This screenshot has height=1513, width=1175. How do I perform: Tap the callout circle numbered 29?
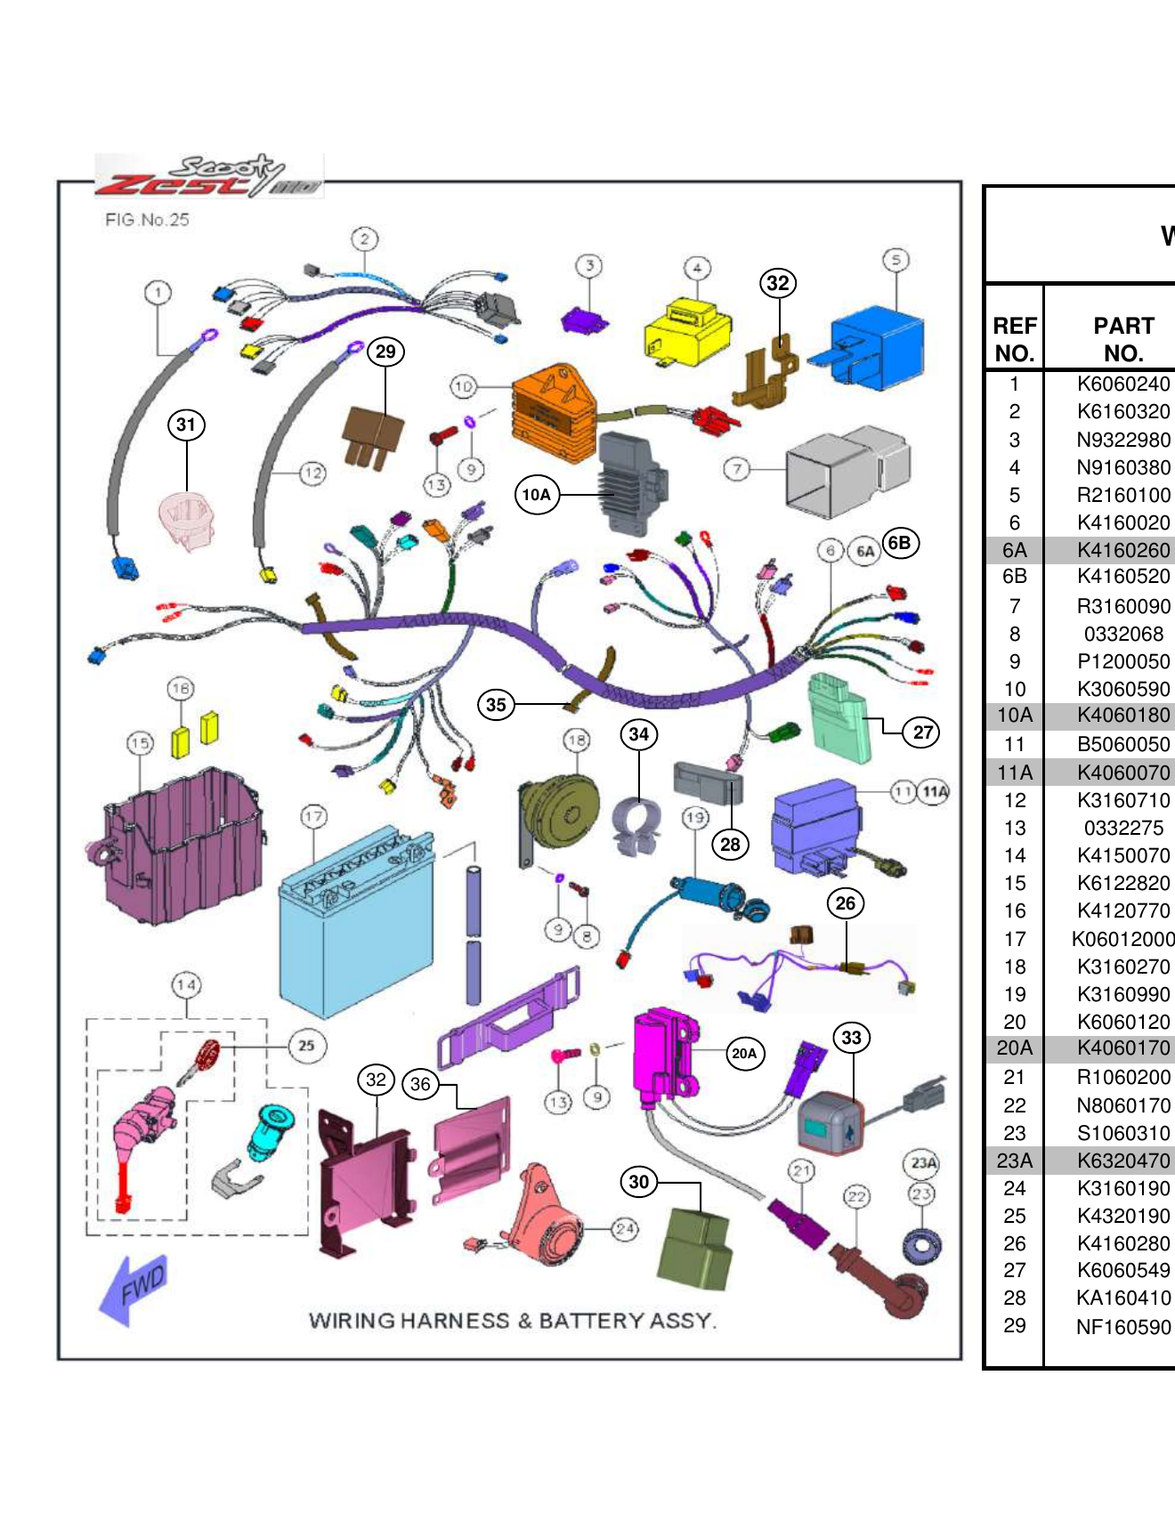click(x=385, y=352)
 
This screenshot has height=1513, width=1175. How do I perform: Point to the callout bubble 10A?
click(x=537, y=495)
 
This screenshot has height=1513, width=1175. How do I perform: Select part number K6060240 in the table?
click(x=1122, y=384)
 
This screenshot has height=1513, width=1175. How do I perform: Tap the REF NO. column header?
click(x=1014, y=339)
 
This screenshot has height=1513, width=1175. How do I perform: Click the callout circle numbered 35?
click(x=496, y=705)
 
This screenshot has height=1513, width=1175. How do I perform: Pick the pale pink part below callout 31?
click(x=187, y=521)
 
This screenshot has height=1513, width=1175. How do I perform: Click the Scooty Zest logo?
click(x=210, y=175)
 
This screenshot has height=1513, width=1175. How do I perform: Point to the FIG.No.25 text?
click(x=147, y=220)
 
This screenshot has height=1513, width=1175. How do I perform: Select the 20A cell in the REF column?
click(x=1014, y=1048)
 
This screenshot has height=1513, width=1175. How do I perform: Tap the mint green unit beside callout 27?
click(x=837, y=716)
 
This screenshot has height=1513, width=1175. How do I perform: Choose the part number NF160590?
click(x=1122, y=1327)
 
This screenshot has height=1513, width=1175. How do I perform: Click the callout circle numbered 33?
click(x=852, y=1038)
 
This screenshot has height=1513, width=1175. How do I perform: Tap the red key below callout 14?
click(x=205, y=1059)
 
